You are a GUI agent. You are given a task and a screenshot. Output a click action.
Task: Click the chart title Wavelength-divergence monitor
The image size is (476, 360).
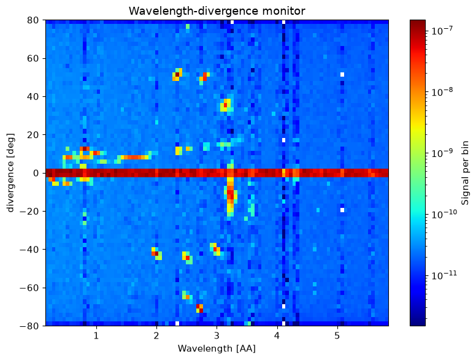217,11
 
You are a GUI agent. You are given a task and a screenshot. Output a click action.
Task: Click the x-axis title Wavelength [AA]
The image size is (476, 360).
217,348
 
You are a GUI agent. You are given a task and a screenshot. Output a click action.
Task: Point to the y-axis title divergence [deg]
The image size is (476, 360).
10,172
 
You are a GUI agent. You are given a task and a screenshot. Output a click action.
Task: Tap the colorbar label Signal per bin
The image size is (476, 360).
465,173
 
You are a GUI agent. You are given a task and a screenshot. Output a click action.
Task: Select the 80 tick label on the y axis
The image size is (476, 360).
32,20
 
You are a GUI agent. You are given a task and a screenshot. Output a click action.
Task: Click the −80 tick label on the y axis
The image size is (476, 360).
29,326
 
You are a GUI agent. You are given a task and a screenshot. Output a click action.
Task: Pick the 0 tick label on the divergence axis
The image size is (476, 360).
36,173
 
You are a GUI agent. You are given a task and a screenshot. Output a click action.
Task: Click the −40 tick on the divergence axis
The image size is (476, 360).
29,250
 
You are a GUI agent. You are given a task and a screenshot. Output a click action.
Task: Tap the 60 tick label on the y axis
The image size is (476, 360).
32,58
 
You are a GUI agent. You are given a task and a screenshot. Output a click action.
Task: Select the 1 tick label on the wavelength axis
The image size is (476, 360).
96,335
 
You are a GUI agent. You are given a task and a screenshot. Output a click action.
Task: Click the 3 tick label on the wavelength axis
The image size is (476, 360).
217,335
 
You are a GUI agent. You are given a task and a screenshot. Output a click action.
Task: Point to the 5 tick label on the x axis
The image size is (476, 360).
337,335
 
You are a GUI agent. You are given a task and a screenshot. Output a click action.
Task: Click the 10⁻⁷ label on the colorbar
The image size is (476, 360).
442,30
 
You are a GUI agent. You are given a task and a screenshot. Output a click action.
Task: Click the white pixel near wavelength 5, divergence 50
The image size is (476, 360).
342,74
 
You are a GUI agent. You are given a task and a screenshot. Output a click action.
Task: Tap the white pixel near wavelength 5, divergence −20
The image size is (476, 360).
342,210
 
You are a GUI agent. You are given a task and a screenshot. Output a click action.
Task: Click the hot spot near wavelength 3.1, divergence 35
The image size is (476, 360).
225,105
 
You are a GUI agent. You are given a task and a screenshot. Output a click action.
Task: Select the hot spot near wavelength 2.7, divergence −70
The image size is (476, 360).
199,308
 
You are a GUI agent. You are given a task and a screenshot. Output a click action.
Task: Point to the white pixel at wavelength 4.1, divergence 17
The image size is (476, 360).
283,140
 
